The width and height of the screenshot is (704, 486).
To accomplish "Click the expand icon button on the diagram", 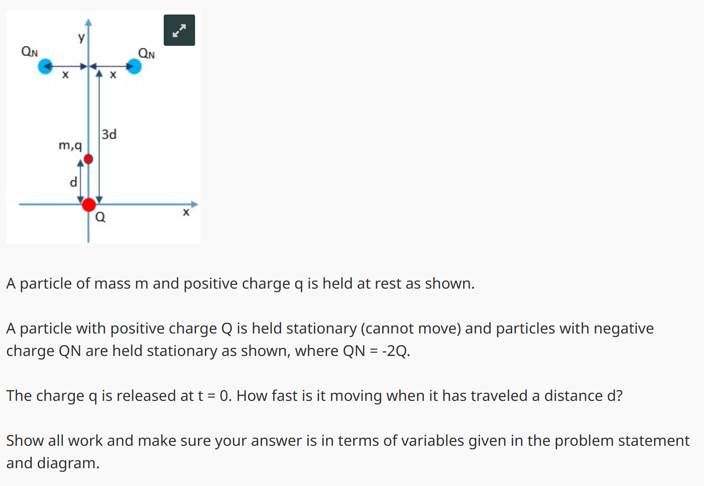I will pyautogui.click(x=179, y=30).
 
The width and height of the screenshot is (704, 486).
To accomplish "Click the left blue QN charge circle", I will pyautogui.click(x=45, y=66).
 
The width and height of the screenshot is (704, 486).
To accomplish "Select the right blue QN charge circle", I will pyautogui.click(x=134, y=66).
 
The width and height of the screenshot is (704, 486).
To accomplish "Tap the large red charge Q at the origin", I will pyautogui.click(x=89, y=204).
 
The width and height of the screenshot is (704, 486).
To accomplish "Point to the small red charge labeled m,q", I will pyautogui.click(x=88, y=159).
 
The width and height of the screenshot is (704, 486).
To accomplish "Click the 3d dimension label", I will pyautogui.click(x=109, y=135).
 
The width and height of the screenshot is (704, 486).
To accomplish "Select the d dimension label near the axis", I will pyautogui.click(x=73, y=182).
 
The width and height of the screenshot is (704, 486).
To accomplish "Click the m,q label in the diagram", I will pyautogui.click(x=70, y=145).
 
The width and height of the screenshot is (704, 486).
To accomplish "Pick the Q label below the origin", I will pyautogui.click(x=101, y=217).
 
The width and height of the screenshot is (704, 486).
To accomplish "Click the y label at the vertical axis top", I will pyautogui.click(x=81, y=37).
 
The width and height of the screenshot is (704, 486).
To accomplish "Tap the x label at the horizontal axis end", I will pyautogui.click(x=186, y=212).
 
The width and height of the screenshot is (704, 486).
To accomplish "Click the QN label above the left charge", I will pyautogui.click(x=29, y=51).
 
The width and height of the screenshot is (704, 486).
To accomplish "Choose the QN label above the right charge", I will pyautogui.click(x=146, y=53).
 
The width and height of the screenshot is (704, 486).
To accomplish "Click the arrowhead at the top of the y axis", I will pyautogui.click(x=88, y=22).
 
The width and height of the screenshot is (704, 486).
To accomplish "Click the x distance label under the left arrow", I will pyautogui.click(x=65, y=75).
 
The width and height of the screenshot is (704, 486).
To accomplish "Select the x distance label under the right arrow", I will pyautogui.click(x=113, y=75).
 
